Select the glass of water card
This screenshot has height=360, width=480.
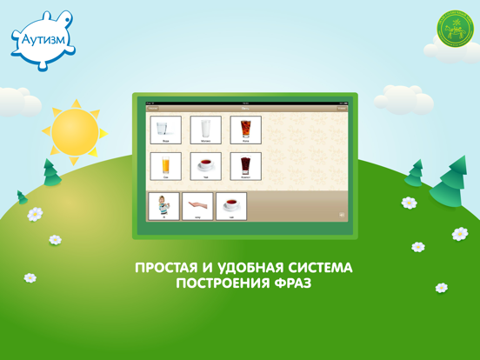point(165,130)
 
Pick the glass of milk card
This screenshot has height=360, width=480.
point(206,130)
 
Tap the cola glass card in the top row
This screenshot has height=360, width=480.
point(246,130)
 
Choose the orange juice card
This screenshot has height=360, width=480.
point(165,167)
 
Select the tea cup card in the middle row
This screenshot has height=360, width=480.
point(206,167)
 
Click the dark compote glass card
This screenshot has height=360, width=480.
point(246,167)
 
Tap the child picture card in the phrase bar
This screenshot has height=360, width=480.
point(164,207)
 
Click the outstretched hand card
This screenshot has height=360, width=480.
point(197,207)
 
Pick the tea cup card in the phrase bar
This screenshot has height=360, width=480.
point(231,207)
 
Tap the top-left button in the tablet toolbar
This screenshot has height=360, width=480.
point(153,109)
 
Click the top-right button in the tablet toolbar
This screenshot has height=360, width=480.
point(342,109)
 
